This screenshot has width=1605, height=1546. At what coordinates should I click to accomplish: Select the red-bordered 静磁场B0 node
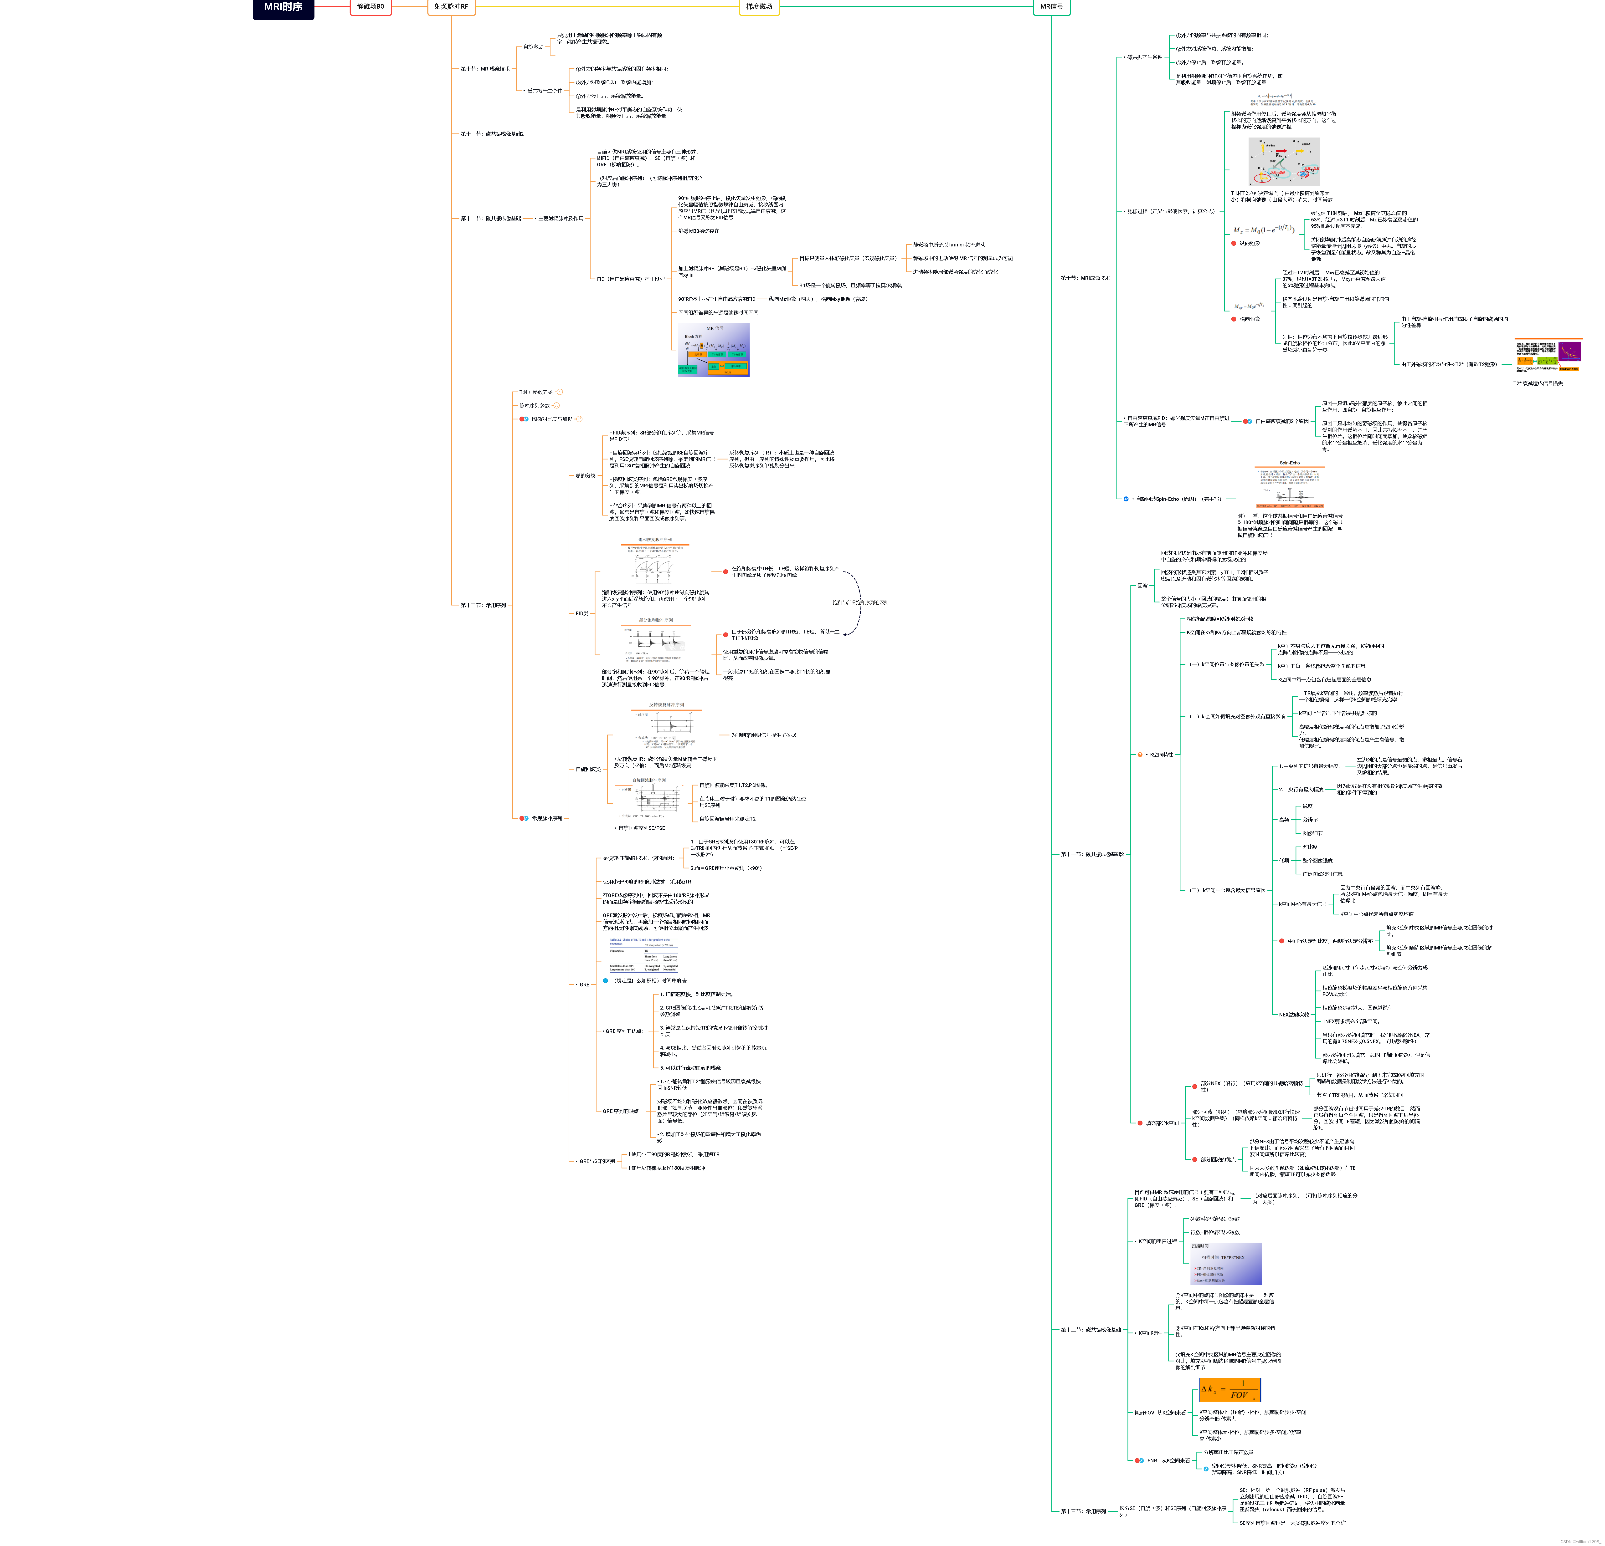[x=370, y=7]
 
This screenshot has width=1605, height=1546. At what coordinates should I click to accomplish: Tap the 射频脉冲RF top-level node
[x=451, y=7]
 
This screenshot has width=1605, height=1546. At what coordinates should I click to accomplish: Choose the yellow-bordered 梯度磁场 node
[x=759, y=7]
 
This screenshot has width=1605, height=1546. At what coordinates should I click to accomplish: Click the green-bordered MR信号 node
[x=1051, y=7]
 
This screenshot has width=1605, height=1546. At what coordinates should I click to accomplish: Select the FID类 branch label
[x=582, y=613]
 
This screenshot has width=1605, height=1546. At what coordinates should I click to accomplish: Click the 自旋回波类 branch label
[x=588, y=769]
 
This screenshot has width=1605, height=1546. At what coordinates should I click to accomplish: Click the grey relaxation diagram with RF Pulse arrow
[x=1283, y=161]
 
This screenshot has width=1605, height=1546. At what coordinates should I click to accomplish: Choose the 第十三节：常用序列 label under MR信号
[x=1083, y=1511]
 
